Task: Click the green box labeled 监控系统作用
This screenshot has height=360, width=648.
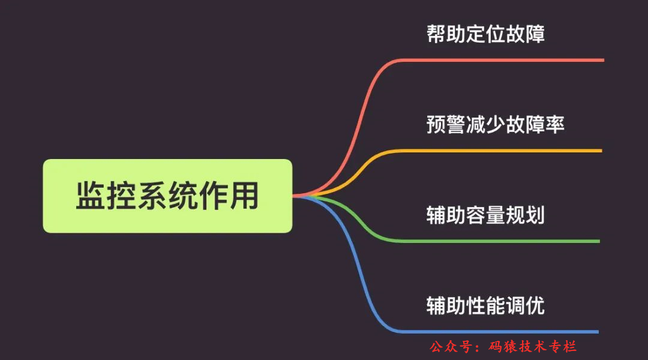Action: tap(167, 196)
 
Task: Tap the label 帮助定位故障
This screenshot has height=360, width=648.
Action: tap(485, 34)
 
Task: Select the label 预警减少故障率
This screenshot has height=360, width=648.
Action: tap(496, 124)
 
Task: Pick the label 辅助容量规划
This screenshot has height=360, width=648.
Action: tap(485, 215)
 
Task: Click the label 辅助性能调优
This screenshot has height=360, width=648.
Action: tap(485, 305)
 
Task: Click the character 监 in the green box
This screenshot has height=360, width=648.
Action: tap(91, 196)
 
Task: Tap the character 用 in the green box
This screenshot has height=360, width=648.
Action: tap(244, 196)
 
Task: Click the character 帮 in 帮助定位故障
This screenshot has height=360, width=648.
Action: tap(436, 34)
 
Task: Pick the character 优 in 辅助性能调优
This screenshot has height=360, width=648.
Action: tap(535, 305)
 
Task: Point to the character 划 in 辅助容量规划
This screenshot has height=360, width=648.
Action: tap(535, 215)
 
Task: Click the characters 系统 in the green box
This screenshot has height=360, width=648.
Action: tap(167, 196)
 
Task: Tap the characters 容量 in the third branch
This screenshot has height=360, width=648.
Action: tap(485, 215)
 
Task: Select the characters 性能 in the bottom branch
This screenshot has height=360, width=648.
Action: tap(485, 305)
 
